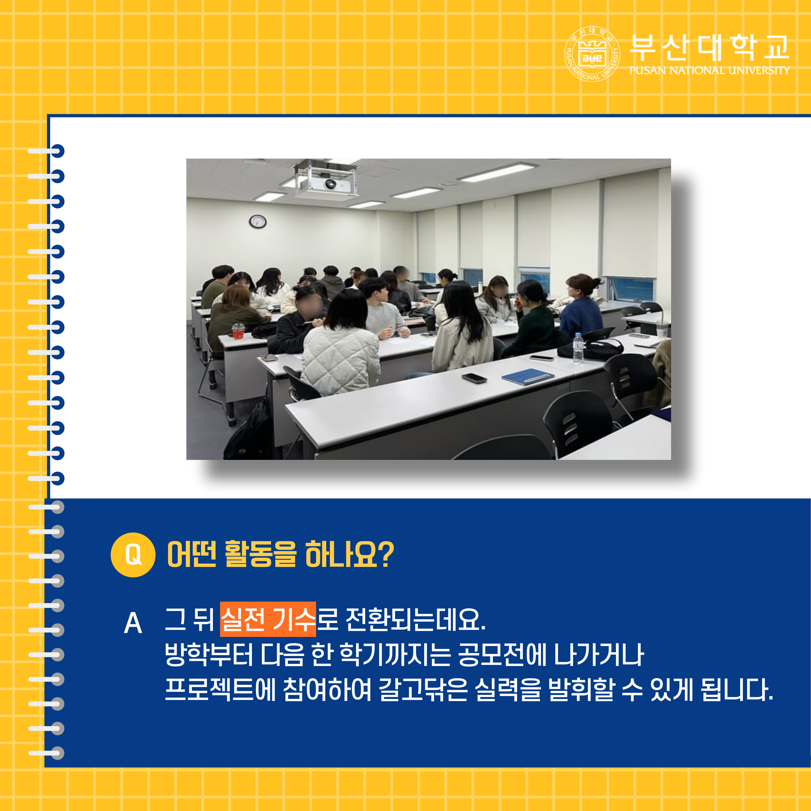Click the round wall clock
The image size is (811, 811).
click(x=258, y=221)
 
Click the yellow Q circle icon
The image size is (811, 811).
click(x=133, y=555)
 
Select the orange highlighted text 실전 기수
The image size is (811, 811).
click(x=268, y=619)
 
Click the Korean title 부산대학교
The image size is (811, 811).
click(x=709, y=47)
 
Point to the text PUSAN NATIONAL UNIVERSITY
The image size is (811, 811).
click(x=709, y=70)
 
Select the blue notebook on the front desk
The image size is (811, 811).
click(x=528, y=376)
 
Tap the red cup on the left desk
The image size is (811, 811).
click(x=238, y=331)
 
